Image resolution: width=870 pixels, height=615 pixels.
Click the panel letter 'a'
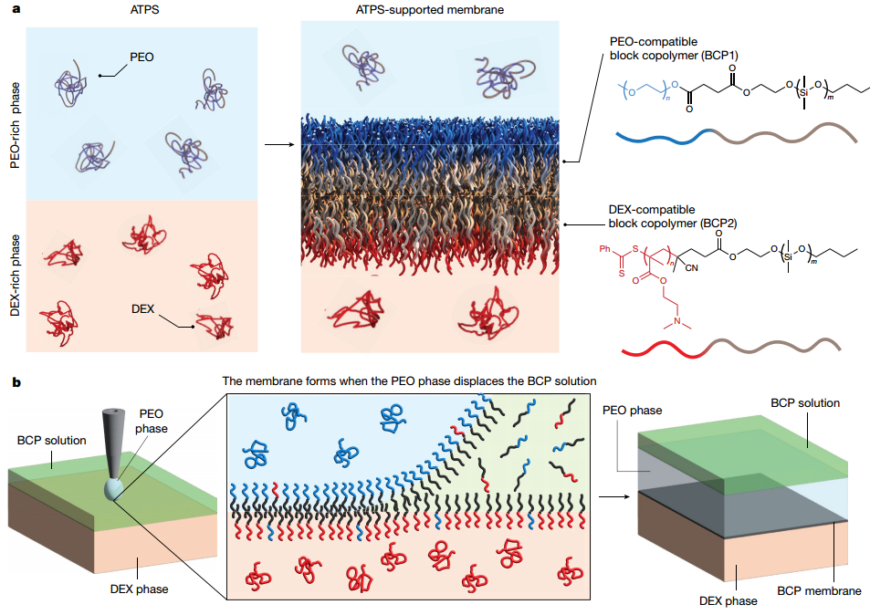[x=16, y=9]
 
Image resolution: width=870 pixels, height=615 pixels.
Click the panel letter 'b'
[x=16, y=382]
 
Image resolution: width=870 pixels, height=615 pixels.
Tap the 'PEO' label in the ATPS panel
[x=142, y=57]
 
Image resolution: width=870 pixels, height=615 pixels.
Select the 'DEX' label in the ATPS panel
[x=142, y=309]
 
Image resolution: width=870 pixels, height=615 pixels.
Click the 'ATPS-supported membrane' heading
[x=430, y=9]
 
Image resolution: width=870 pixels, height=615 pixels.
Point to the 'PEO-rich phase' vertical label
[x=15, y=125]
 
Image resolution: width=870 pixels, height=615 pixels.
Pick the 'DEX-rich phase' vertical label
[x=15, y=276]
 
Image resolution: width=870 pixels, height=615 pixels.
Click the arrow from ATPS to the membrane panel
[x=279, y=145]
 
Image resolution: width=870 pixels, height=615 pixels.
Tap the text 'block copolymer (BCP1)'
[x=674, y=56]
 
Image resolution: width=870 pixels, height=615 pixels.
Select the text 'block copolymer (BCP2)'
[x=673, y=224]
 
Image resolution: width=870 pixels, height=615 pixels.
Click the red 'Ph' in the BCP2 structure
[x=604, y=249]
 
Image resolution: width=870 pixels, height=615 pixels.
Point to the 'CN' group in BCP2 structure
[x=691, y=268]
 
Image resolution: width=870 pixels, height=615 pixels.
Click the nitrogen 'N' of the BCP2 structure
[x=676, y=321]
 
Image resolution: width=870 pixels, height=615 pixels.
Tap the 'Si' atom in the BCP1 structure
[x=803, y=92]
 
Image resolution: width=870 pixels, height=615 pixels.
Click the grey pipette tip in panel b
[x=114, y=473]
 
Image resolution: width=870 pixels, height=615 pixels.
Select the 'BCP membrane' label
[x=819, y=591]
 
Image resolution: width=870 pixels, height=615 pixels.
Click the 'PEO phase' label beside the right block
[x=632, y=411]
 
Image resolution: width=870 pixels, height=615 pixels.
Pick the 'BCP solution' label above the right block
[x=805, y=403]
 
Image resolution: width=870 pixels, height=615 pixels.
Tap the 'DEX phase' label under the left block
[x=140, y=589]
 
